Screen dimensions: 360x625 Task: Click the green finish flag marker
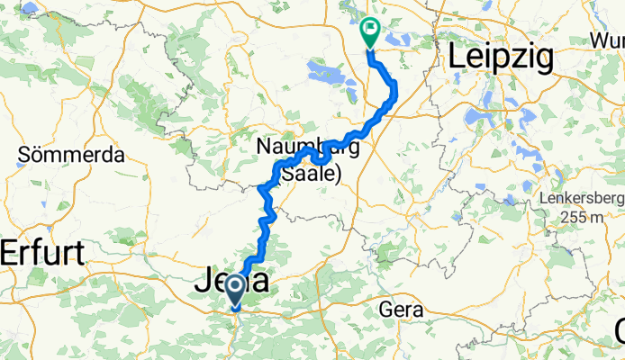click(369, 32)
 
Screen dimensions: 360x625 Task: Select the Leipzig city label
click(500, 58)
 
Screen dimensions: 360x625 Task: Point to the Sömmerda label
click(71, 155)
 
